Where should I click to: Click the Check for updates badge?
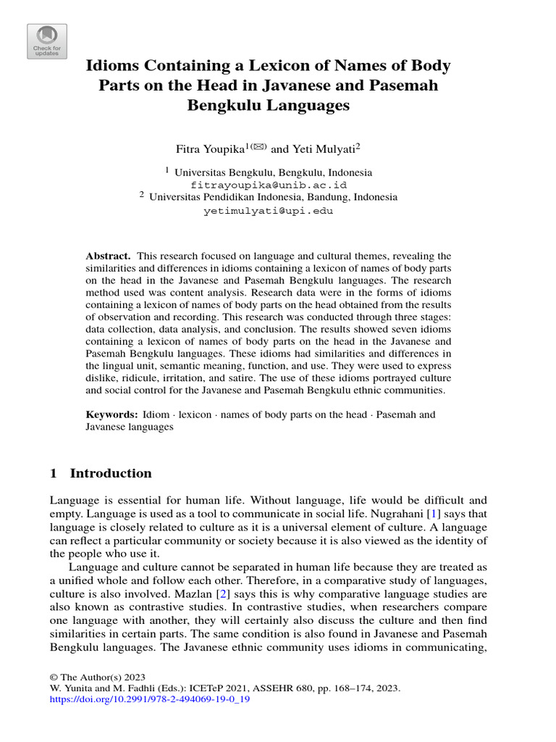click(x=47, y=41)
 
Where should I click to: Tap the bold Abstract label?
click(x=108, y=257)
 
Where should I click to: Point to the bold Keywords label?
click(x=111, y=414)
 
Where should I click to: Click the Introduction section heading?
click(x=110, y=474)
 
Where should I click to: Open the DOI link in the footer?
click(x=150, y=701)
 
